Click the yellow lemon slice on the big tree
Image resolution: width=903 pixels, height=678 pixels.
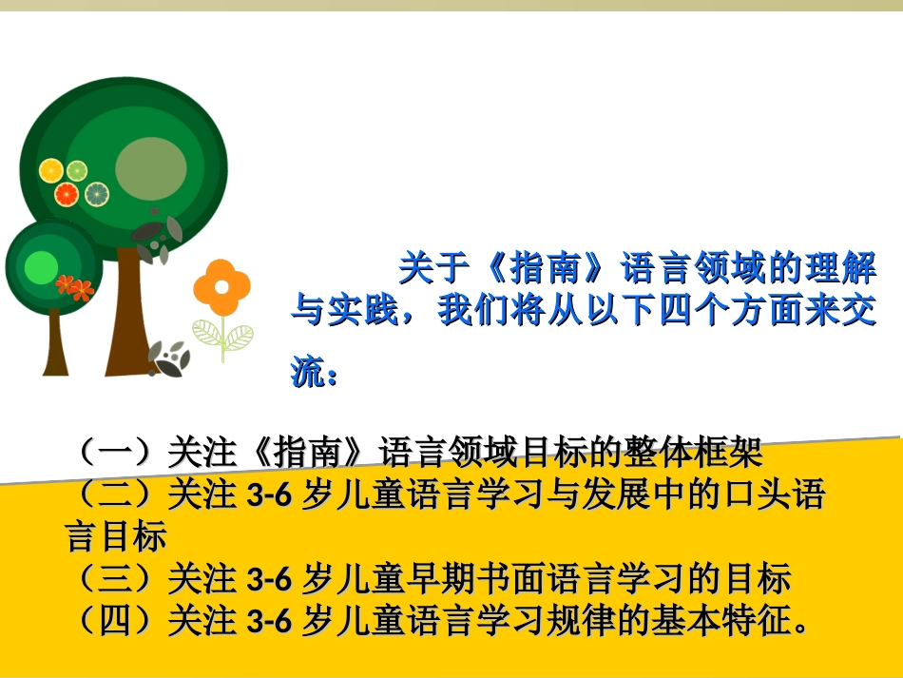pyautogui.click(x=50, y=170)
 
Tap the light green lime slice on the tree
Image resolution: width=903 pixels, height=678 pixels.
pyautogui.click(x=76, y=170)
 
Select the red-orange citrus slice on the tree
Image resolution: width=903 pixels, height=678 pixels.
pyautogui.click(x=67, y=195)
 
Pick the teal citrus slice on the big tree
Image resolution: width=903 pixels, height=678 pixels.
pyautogui.click(x=97, y=194)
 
